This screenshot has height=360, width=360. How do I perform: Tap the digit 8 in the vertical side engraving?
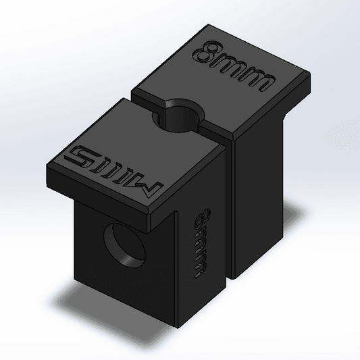pyautogui.click(x=201, y=220)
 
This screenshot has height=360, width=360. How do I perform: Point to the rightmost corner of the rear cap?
pyautogui.click(x=311, y=78)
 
